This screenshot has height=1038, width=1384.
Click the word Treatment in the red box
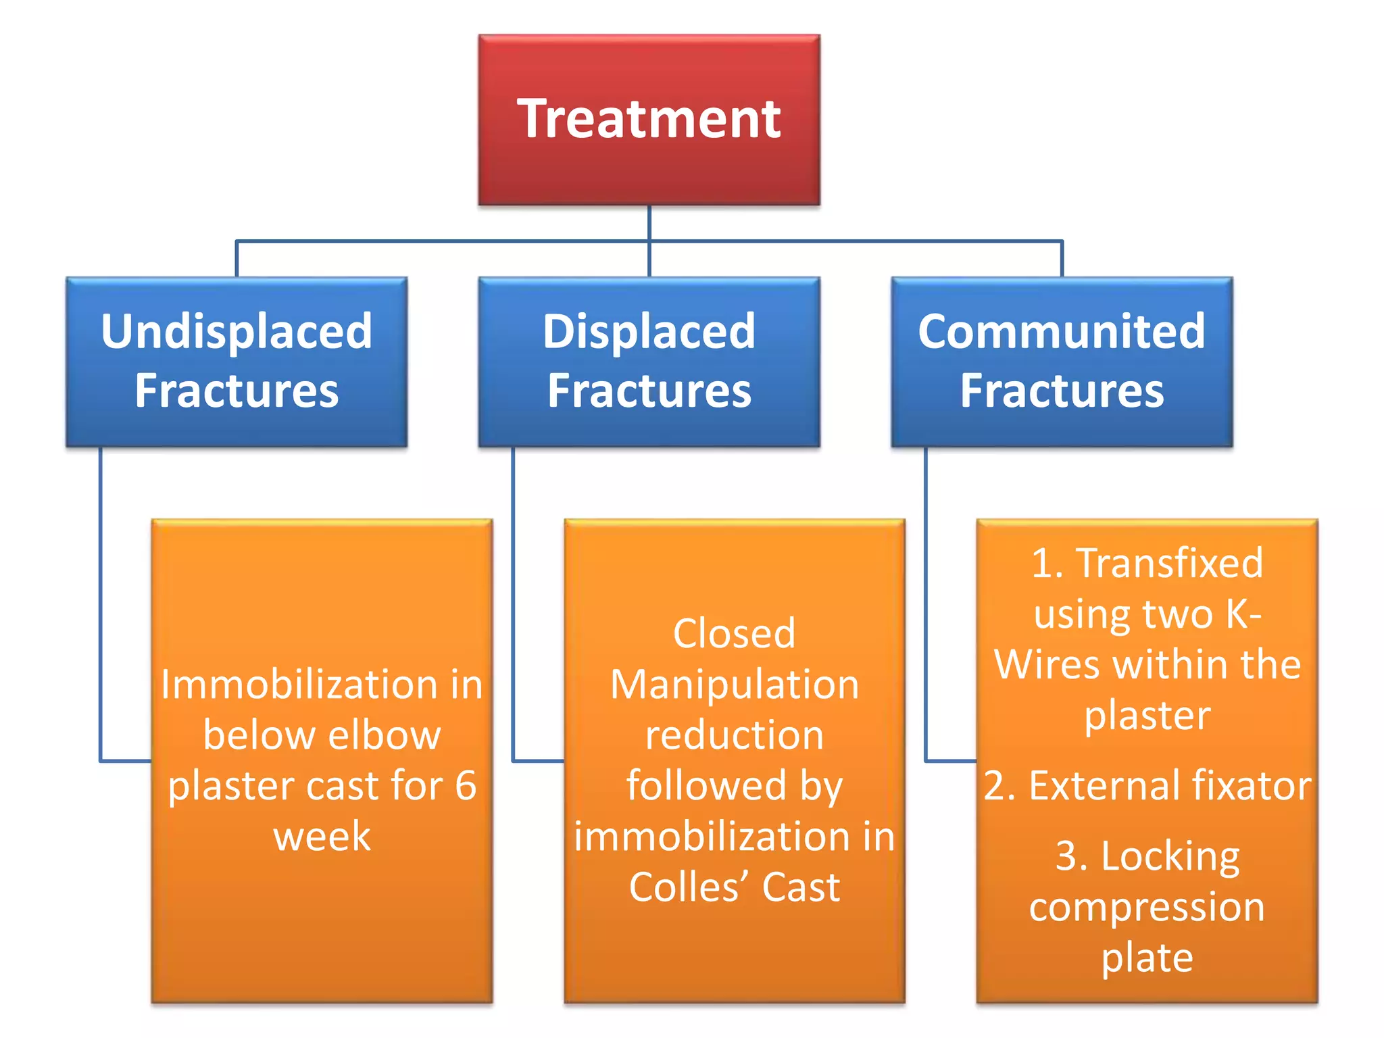(649, 119)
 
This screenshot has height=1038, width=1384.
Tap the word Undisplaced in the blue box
(237, 332)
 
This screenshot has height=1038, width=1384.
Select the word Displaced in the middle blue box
(649, 332)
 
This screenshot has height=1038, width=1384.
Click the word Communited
(1062, 331)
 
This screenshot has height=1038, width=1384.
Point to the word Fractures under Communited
(1062, 391)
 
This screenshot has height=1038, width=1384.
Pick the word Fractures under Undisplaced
(237, 391)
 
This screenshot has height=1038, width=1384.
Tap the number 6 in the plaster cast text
(466, 785)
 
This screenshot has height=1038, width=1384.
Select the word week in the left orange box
(322, 837)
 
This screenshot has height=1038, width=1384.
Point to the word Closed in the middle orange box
(734, 634)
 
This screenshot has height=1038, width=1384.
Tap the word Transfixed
(1170, 562)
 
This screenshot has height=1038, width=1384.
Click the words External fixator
(1170, 785)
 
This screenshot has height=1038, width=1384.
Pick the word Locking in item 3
(1170, 857)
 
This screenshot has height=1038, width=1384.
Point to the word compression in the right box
(1147, 908)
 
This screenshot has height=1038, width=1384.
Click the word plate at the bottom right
(1147, 958)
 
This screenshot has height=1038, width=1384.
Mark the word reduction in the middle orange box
(734, 735)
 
